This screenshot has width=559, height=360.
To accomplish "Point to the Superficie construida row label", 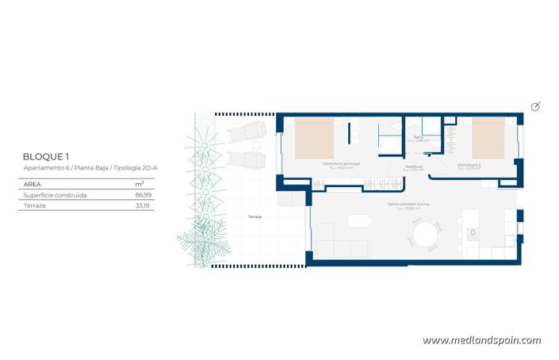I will [x=55, y=194].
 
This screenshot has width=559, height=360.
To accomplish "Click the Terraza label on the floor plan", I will [x=255, y=216].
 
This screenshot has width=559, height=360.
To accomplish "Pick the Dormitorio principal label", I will [x=342, y=164].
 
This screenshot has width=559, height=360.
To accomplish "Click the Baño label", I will [x=418, y=137].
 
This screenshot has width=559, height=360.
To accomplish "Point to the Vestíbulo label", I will [x=414, y=167].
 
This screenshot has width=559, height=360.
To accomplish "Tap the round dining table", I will [x=426, y=234].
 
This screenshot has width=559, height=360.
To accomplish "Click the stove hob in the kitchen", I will [x=473, y=235].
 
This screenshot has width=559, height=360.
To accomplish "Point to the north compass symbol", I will [x=535, y=107].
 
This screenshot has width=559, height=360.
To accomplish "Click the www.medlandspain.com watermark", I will [x=481, y=340].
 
